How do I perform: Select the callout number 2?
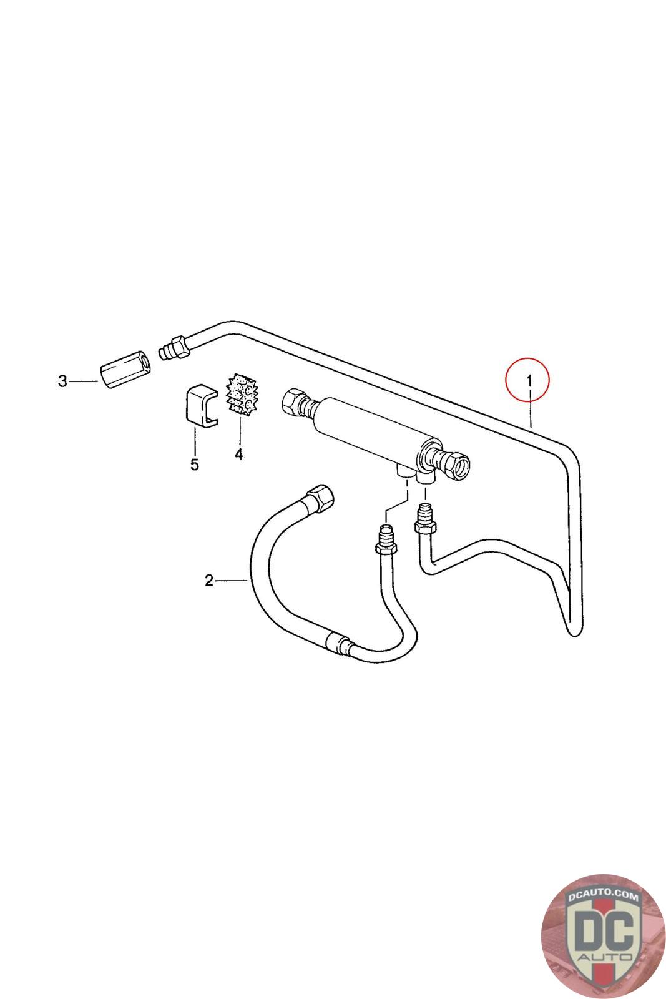(209, 581)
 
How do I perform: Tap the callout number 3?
(62, 381)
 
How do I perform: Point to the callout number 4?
(238, 454)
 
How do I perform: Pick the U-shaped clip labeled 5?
(200, 406)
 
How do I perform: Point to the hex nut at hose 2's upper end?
(318, 497)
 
